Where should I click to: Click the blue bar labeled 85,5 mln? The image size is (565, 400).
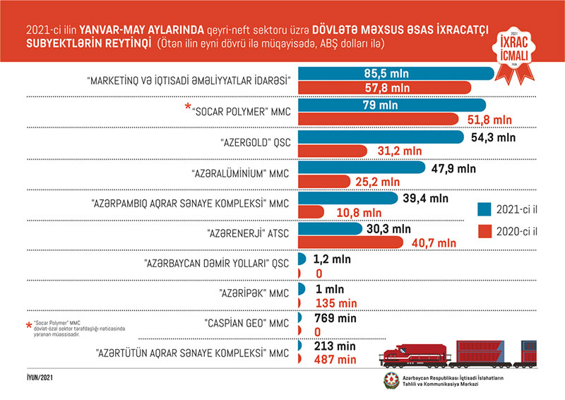395,73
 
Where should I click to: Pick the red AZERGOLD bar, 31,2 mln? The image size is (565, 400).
333,150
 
